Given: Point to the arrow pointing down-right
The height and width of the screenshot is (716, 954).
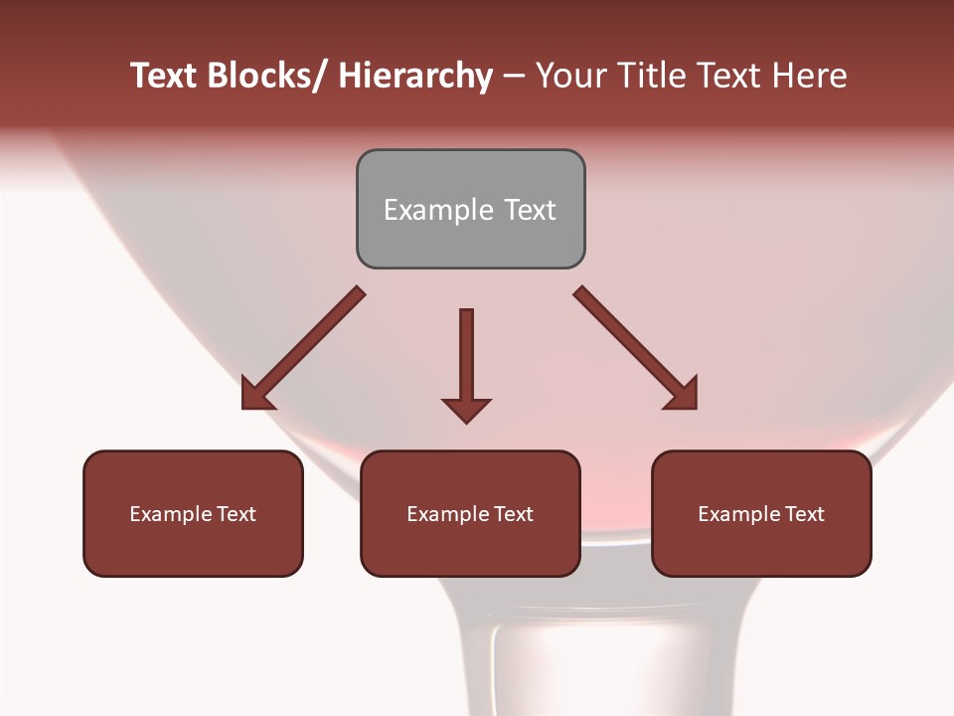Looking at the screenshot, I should coord(636,348).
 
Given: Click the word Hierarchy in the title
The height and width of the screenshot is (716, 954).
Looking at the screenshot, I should coord(415,76).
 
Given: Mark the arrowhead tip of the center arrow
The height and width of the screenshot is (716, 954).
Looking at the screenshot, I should coord(466,422).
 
